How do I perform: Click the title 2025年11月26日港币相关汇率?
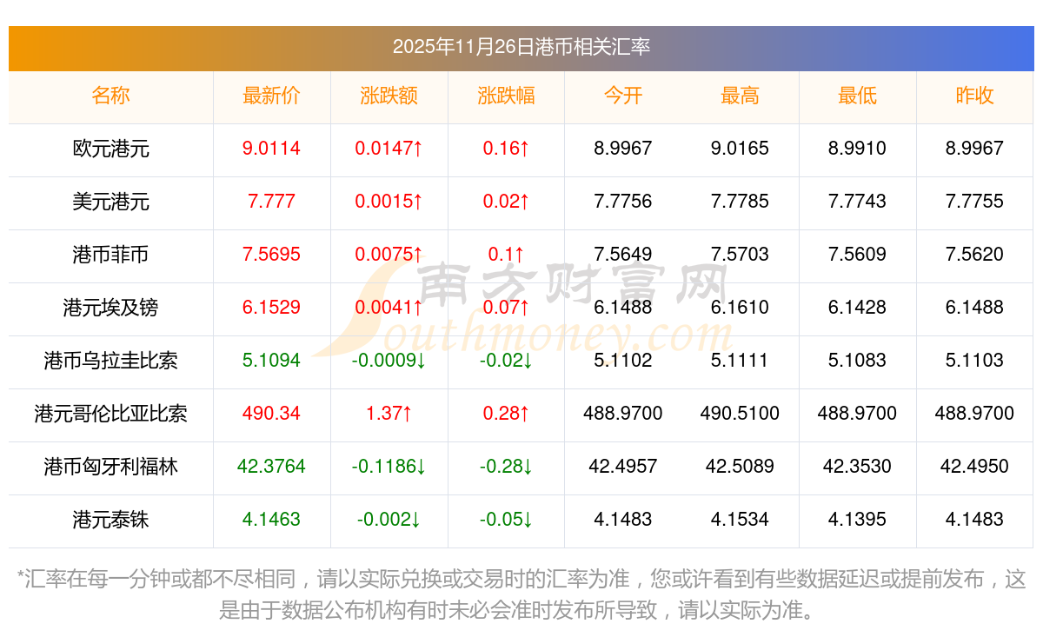click(521, 47)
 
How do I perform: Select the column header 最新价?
click(271, 96)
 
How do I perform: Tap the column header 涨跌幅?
click(506, 96)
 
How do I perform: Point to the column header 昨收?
click(974, 96)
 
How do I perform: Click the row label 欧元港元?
click(111, 149)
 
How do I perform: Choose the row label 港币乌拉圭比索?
click(111, 361)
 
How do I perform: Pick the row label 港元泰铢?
click(111, 520)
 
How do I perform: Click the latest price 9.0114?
click(271, 149)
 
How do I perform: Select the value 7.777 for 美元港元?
click(271, 202)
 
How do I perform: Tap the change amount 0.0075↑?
click(389, 255)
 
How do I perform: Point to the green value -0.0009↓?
click(389, 361)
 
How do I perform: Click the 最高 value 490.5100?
click(740, 414)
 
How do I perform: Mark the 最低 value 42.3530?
click(857, 467)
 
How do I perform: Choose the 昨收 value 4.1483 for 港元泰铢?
click(974, 520)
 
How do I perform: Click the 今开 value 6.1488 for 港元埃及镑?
click(622, 308)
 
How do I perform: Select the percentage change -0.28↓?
click(506, 467)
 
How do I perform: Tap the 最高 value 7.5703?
click(740, 255)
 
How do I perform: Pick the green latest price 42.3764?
click(271, 467)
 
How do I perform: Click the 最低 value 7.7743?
click(857, 202)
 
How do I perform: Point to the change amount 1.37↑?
click(389, 414)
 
